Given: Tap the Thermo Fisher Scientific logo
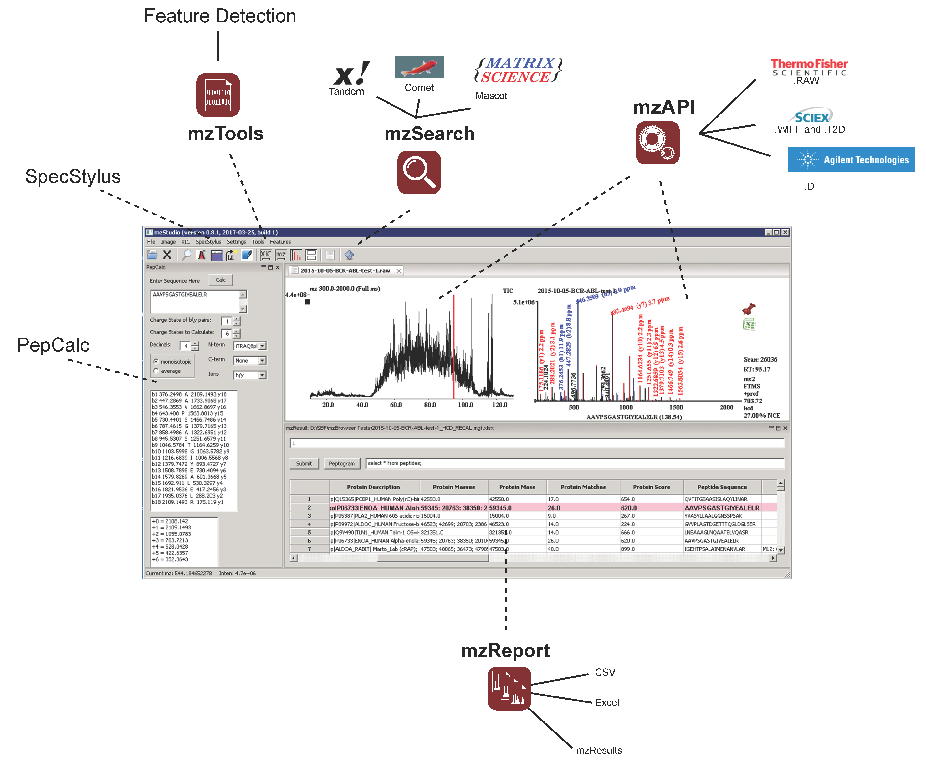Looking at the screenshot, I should point(809,67).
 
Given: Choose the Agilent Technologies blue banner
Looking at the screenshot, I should point(851,159).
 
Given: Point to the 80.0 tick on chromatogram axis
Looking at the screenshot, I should point(430,404).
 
